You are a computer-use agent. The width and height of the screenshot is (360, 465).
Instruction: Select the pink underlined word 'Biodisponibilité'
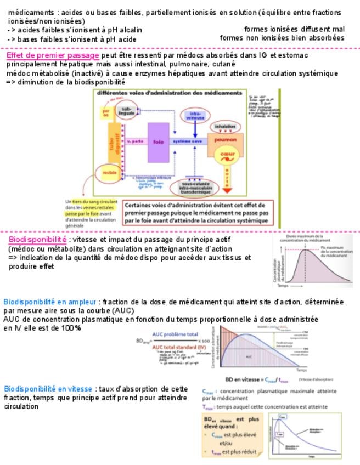coord(37,240)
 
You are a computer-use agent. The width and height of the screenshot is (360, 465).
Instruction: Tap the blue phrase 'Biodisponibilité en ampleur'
coord(50,302)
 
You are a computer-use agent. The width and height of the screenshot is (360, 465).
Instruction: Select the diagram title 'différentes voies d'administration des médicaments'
coord(169,93)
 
